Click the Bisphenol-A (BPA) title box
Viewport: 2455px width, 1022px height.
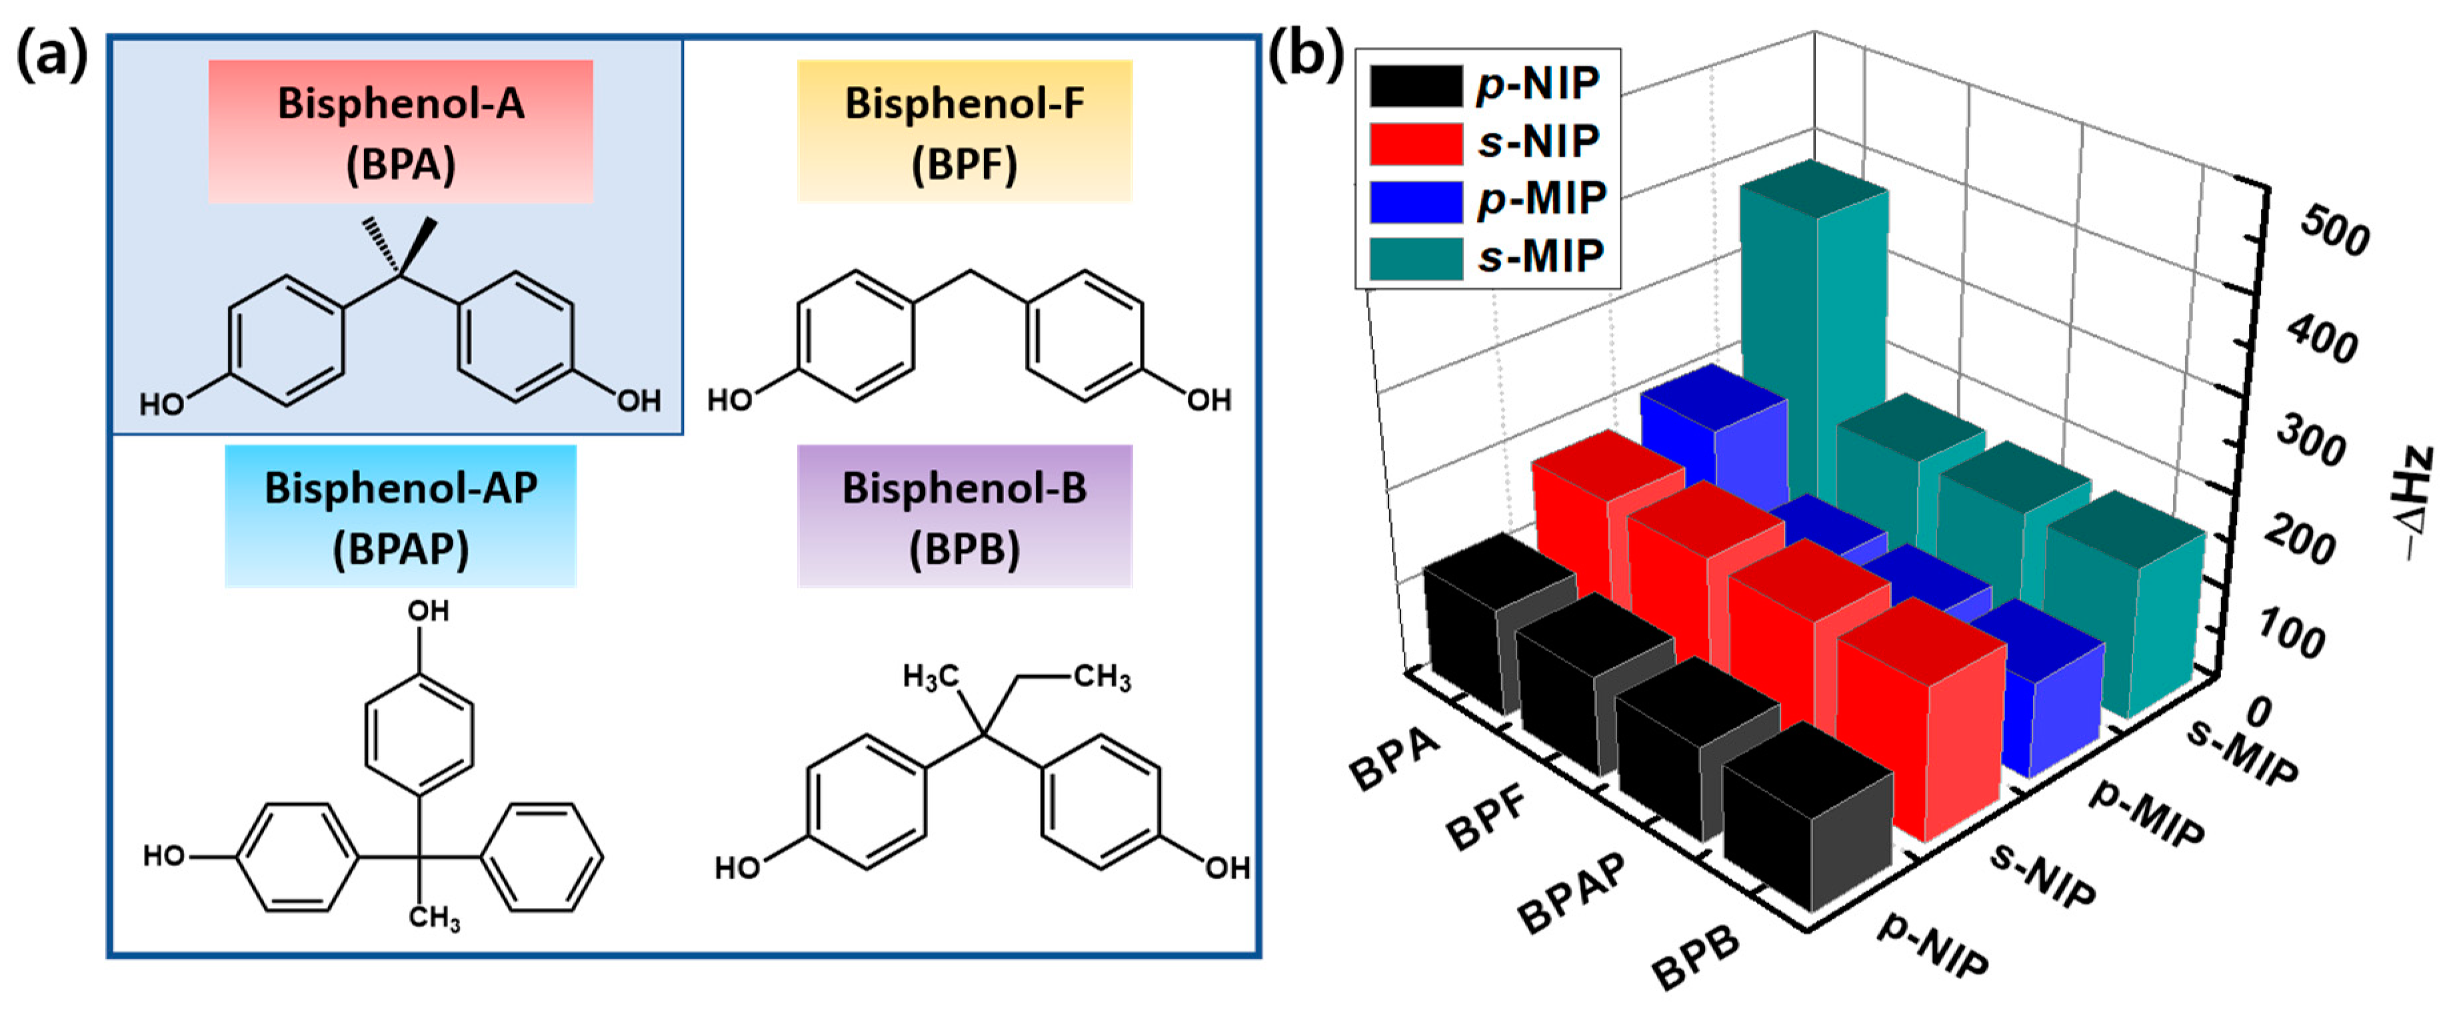tap(400, 131)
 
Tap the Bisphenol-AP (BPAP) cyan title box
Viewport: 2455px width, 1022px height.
tap(400, 516)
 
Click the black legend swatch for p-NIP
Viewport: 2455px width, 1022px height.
tap(1415, 86)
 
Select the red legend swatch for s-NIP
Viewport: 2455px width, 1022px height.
tap(1415, 143)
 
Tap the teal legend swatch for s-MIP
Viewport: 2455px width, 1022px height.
tap(1415, 258)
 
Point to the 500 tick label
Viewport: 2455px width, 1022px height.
tap(2334, 233)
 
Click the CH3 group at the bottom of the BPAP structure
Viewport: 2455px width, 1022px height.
tap(434, 918)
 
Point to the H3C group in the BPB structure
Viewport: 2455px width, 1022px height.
tap(930, 677)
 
